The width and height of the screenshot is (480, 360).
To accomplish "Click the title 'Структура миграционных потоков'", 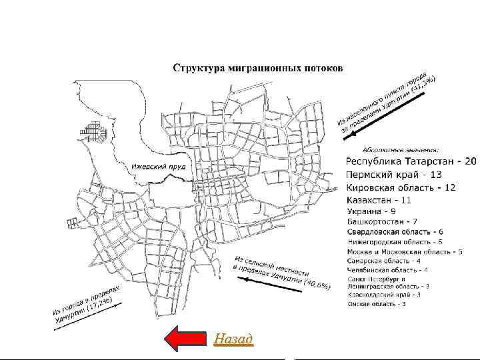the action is tap(258, 67).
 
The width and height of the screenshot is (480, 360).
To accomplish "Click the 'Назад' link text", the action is tap(233, 339).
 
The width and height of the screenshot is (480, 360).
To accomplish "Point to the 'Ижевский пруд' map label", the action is tap(158, 165).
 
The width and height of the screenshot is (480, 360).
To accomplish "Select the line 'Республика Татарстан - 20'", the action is tap(411, 162).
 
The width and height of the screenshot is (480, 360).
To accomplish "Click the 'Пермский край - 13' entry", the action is tap(395, 175).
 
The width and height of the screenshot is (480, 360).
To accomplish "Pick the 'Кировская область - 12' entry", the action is tap(401, 187).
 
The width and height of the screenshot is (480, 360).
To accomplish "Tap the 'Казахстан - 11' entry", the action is tap(380, 199).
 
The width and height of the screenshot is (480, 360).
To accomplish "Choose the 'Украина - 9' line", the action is tap(372, 211).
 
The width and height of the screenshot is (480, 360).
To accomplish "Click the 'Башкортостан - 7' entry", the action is tap(383, 221).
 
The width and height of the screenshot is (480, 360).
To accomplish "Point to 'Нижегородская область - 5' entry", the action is tap(395, 241).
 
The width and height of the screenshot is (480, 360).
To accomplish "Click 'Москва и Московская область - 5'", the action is tap(405, 252).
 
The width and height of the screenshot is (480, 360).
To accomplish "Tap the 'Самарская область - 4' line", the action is tap(384, 261).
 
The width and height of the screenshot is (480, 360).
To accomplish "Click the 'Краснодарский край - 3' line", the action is tap(384, 294).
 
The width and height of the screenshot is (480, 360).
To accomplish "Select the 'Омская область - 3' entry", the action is tap(377, 304).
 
